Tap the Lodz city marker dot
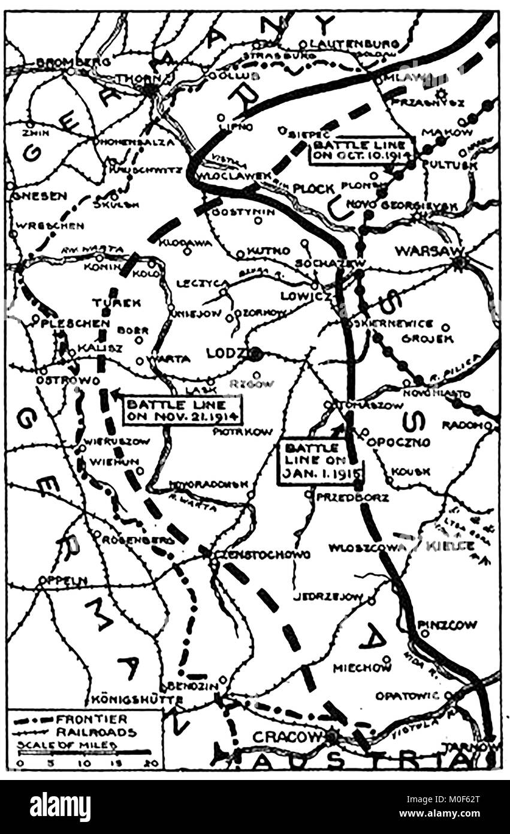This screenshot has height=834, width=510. (x=256, y=353)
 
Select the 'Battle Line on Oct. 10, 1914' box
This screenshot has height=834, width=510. (x=362, y=151)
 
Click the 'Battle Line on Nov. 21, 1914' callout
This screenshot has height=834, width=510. (x=182, y=410)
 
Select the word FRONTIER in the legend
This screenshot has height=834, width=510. (x=93, y=719)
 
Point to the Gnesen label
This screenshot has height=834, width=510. (x=37, y=196)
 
